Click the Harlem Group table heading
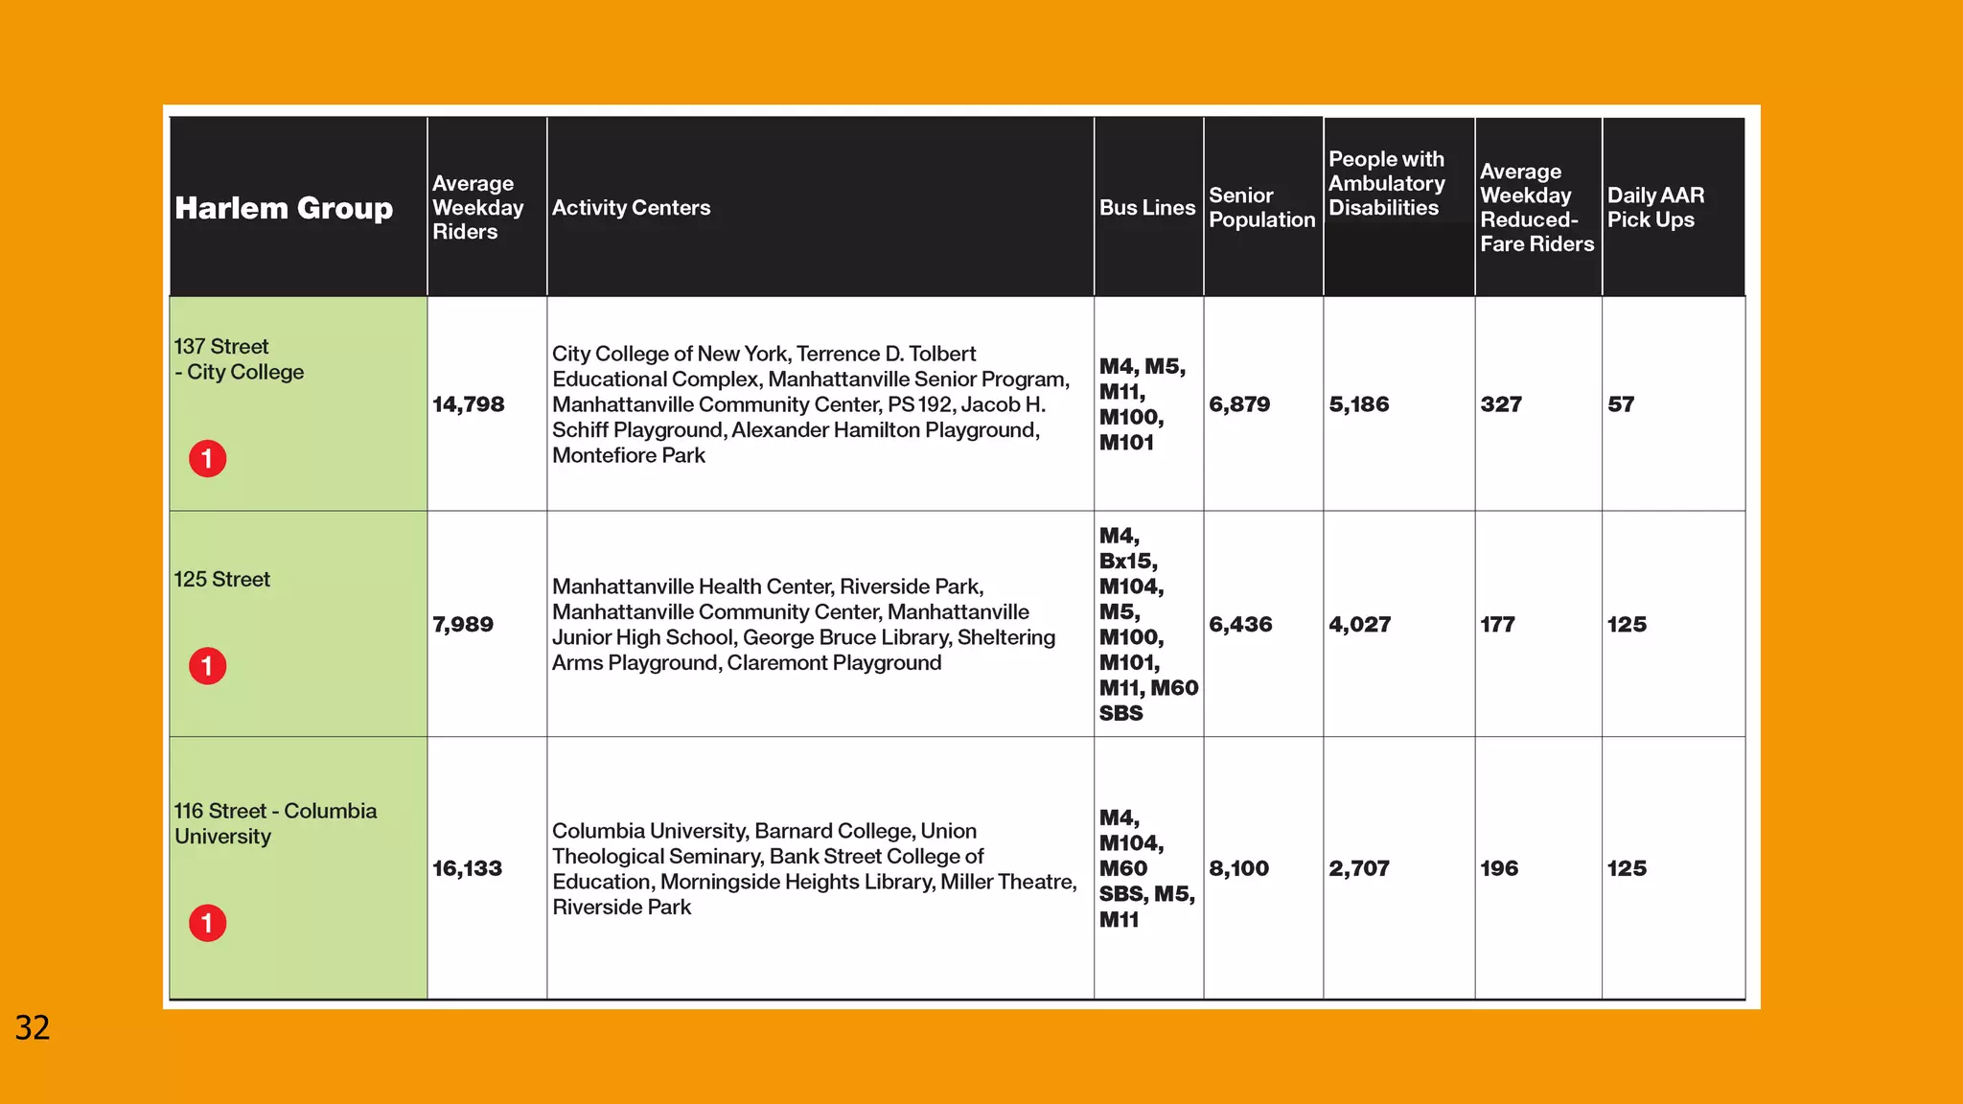click(284, 208)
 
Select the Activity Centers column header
click(631, 208)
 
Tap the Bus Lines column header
click(1147, 208)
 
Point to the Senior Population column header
click(1261, 208)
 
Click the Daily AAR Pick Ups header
click(1655, 208)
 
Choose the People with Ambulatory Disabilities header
click(1386, 183)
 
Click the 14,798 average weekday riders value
click(468, 404)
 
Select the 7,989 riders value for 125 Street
click(463, 625)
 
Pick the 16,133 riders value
click(467, 868)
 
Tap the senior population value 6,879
click(1239, 404)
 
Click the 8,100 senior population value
click(1238, 868)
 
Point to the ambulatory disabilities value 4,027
click(1359, 625)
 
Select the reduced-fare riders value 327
click(1501, 404)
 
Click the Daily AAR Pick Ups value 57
click(1621, 404)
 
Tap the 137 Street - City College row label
click(239, 359)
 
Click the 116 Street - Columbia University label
click(275, 823)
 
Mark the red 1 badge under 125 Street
click(207, 666)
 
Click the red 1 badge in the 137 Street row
click(207, 459)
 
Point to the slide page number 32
click(33, 1028)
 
